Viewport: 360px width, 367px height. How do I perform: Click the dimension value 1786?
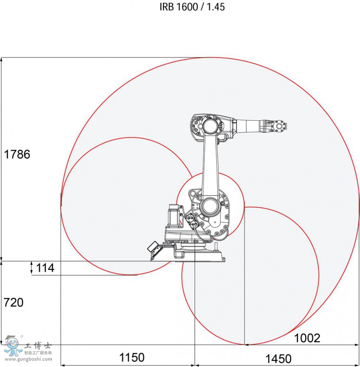17,154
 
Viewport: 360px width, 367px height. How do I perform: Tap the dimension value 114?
45,268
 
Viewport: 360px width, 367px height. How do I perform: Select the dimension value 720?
13,302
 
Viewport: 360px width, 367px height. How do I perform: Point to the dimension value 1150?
132,357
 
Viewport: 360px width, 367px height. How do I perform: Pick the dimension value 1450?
278,358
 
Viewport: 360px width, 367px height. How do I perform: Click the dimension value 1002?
307,338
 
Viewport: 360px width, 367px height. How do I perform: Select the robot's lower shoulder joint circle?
208,206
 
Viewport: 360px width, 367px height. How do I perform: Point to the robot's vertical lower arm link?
211,168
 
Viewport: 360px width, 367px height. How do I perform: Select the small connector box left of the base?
154,247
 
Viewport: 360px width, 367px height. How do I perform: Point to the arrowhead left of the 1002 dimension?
247,344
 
